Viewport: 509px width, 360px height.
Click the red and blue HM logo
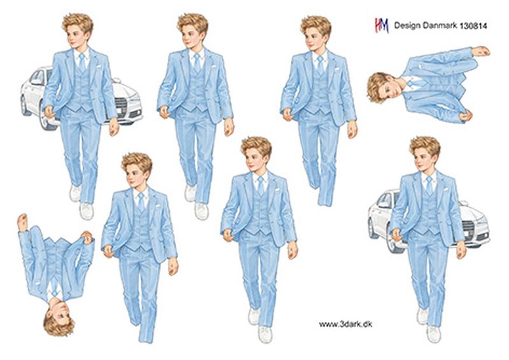[x=382, y=25]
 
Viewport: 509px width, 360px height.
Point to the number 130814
[x=473, y=26]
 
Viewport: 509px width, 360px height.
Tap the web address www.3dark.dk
[x=345, y=324]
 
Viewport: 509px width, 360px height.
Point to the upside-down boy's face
[x=59, y=309]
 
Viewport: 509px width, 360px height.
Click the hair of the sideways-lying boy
[x=376, y=88]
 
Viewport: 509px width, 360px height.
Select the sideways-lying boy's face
[x=391, y=87]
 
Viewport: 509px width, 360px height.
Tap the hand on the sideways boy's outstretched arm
[x=481, y=52]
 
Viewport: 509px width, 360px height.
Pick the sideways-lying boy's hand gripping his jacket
[x=466, y=115]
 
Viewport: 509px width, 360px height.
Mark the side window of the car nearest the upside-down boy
[x=37, y=78]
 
